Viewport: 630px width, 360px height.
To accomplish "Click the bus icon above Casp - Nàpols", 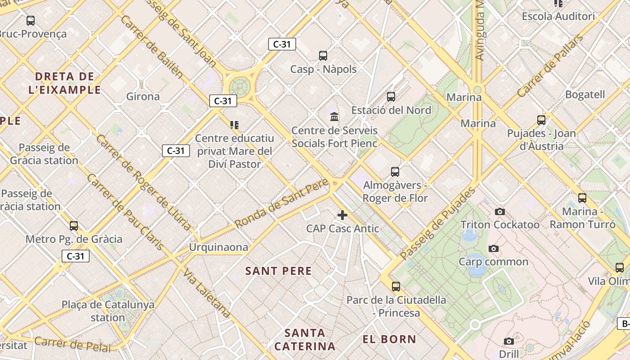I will pyautogui.click(x=323, y=56).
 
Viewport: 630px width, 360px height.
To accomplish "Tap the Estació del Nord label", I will pyautogui.click(x=391, y=110).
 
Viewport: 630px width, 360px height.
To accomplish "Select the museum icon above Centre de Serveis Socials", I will pyautogui.click(x=334, y=117).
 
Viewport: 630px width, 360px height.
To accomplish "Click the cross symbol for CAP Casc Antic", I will pyautogui.click(x=342, y=215).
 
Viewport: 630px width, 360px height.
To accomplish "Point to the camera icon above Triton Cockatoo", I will pyautogui.click(x=499, y=211).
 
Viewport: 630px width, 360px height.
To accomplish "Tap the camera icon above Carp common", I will pyautogui.click(x=494, y=248).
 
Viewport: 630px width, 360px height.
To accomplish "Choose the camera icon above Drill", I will pyautogui.click(x=509, y=341).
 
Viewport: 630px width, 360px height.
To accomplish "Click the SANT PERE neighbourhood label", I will pyautogui.click(x=279, y=271).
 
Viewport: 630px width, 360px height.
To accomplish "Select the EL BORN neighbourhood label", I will pyautogui.click(x=389, y=339).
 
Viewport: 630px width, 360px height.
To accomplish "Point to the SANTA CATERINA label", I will pyautogui.click(x=305, y=340).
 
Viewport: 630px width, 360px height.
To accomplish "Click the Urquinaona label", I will pyautogui.click(x=218, y=247).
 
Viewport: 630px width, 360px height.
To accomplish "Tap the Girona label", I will pyautogui.click(x=143, y=96).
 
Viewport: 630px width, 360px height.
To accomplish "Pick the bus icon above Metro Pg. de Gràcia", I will pyautogui.click(x=74, y=225).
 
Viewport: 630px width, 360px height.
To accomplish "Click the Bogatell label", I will pyautogui.click(x=585, y=94).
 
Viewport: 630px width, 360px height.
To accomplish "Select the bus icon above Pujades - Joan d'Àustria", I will pyautogui.click(x=541, y=120).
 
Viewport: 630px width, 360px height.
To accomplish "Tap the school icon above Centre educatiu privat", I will pyautogui.click(x=234, y=125).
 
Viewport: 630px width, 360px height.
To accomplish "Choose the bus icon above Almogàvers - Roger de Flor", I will pyautogui.click(x=395, y=171).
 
